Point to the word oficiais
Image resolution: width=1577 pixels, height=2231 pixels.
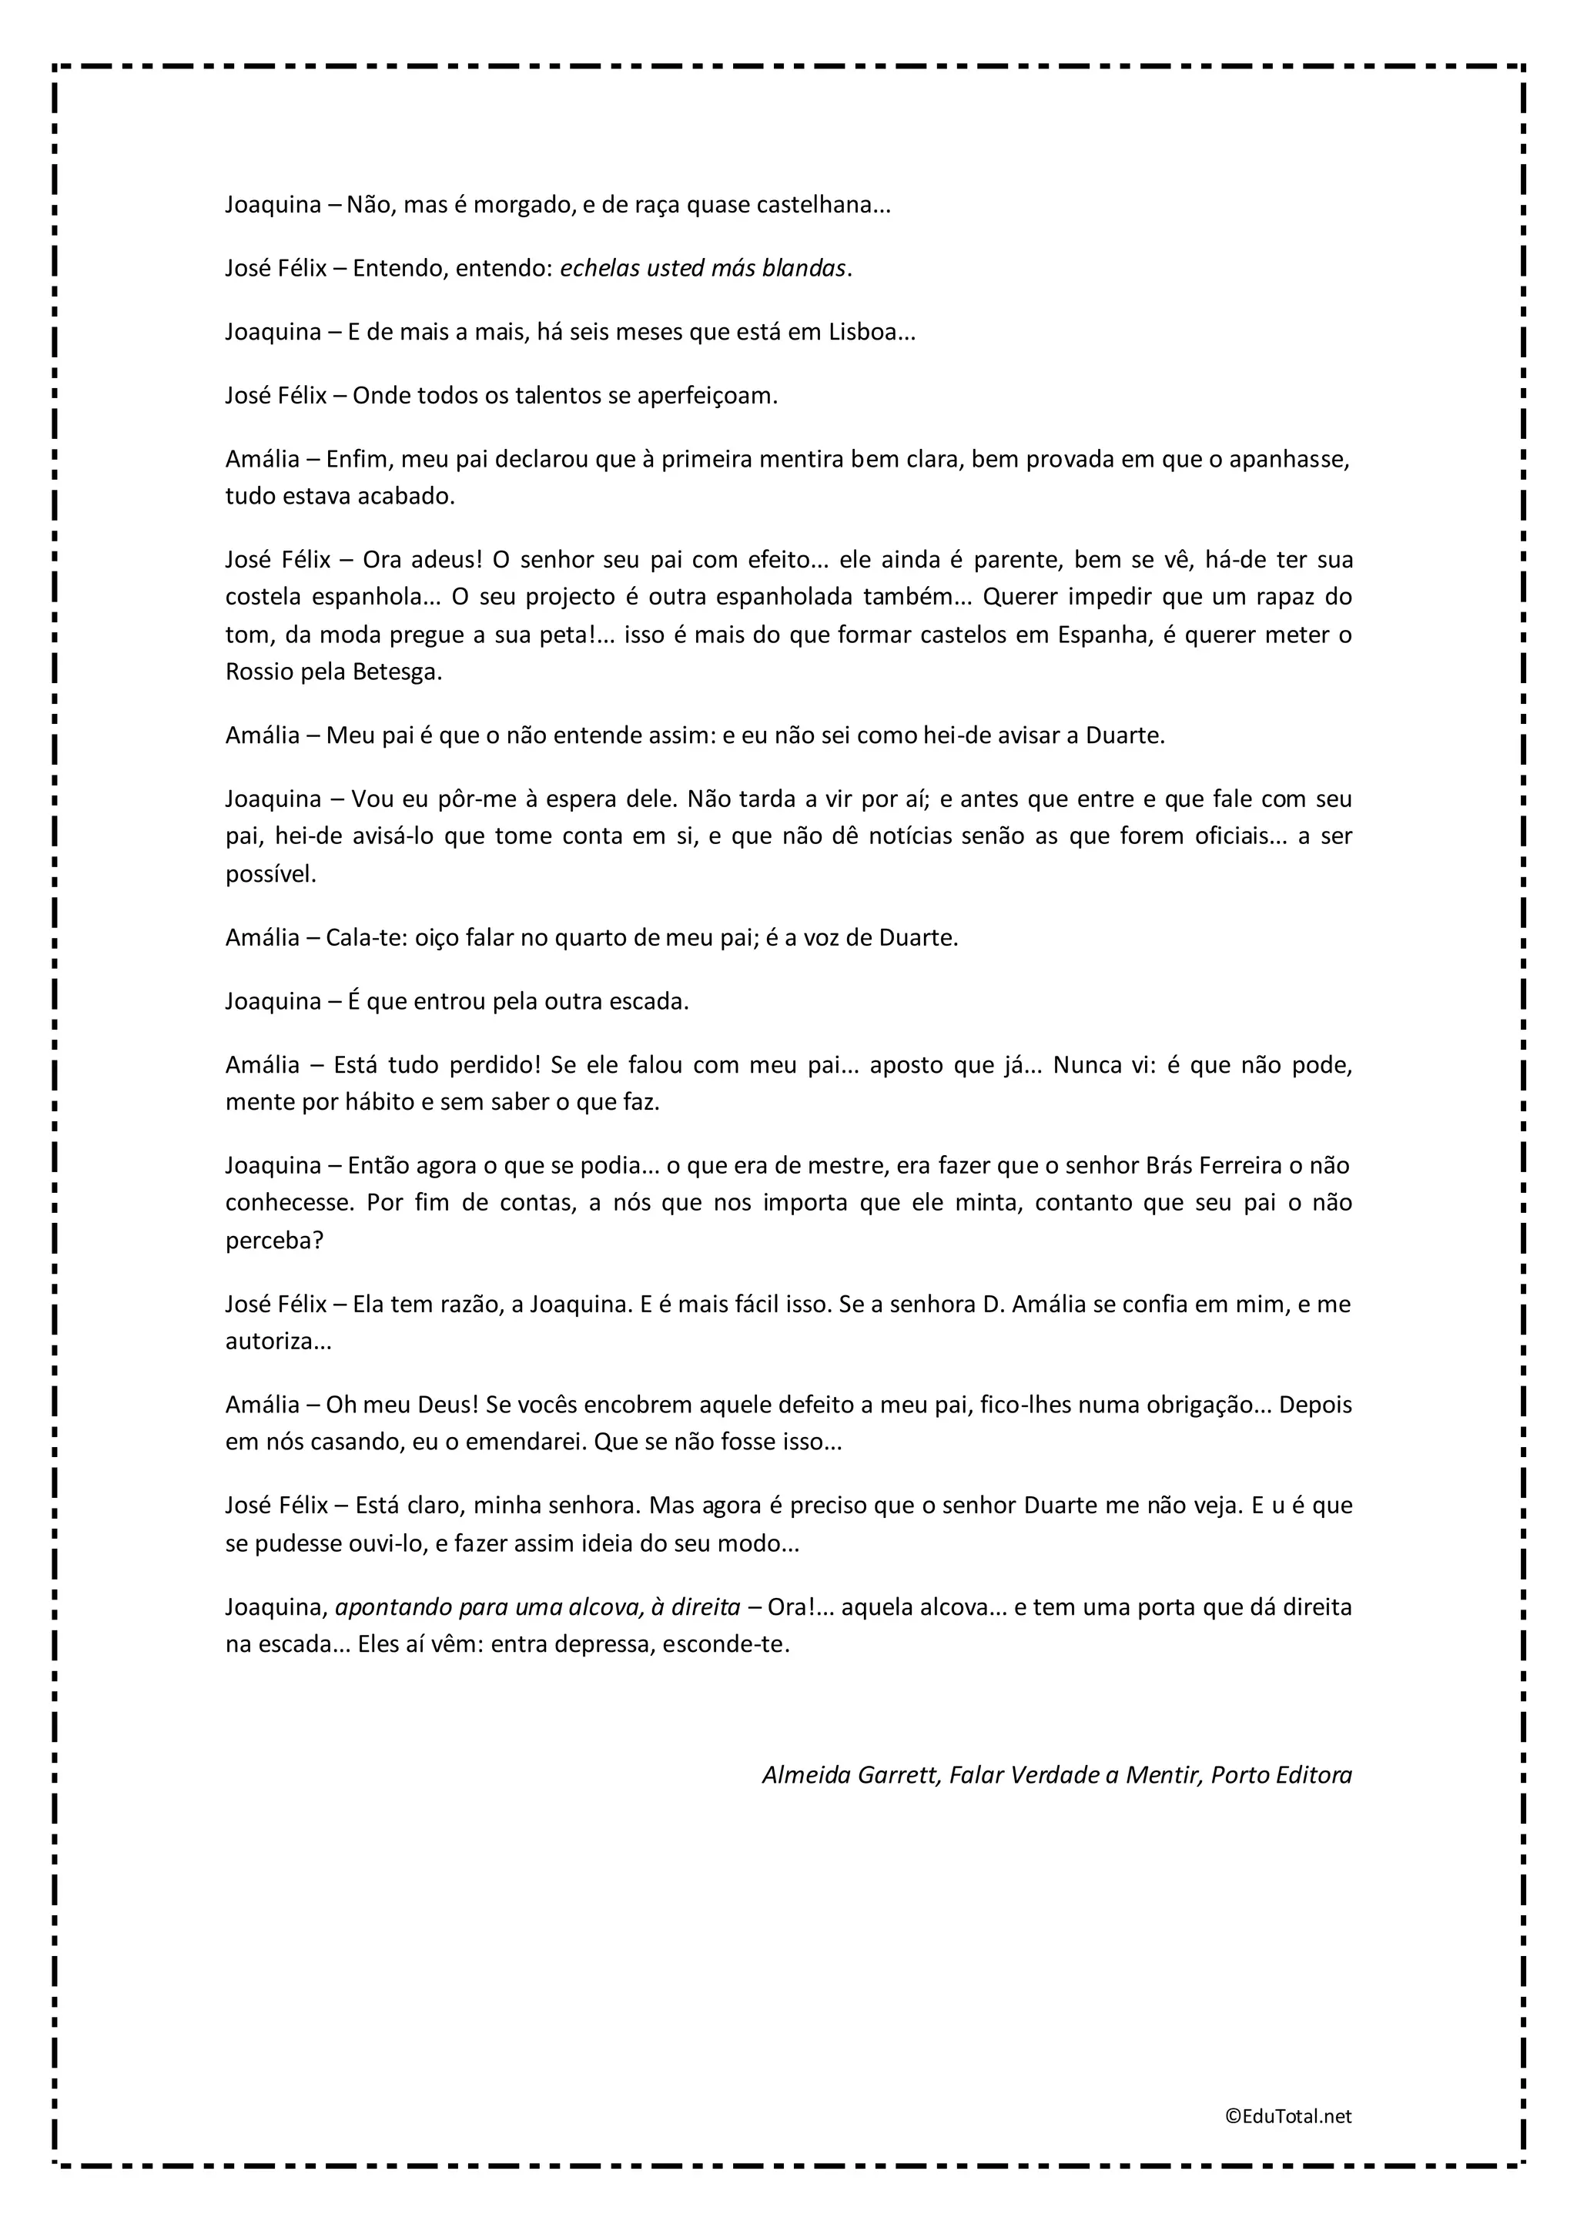[x=1240, y=836]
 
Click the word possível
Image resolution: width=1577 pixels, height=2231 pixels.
[x=270, y=873]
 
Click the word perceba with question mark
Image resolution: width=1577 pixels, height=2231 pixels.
[x=274, y=1241]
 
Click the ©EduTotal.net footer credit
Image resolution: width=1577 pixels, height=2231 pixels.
[x=1287, y=2116]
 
